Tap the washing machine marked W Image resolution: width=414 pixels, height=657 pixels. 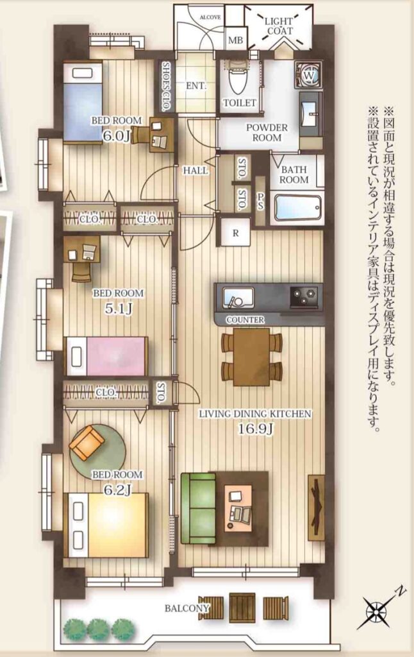[309, 76]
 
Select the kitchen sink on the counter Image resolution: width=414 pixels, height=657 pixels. [238, 297]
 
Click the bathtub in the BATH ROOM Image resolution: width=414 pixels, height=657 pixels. [297, 207]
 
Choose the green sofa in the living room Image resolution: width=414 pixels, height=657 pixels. [199, 508]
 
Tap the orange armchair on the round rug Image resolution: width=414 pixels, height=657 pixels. [88, 443]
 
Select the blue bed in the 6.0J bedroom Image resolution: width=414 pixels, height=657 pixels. [83, 103]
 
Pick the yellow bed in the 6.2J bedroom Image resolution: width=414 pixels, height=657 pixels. [108, 525]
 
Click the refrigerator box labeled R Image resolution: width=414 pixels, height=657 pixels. [235, 233]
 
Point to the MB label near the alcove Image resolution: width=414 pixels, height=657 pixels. [235, 40]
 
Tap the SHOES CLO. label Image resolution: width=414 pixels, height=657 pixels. [166, 86]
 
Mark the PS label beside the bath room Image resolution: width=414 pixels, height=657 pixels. [260, 201]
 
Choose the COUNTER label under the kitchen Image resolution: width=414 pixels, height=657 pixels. [245, 320]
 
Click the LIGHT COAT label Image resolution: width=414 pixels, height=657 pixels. [279, 26]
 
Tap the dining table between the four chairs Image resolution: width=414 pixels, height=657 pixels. [252, 357]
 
